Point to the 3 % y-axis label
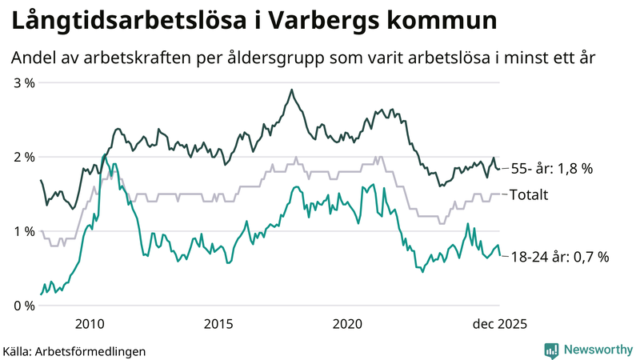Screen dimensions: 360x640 point(23,82)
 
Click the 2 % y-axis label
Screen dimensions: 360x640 point(23,157)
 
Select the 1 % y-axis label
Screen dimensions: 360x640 point(23,231)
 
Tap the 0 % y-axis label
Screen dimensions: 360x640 point(23,306)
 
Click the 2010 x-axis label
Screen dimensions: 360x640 point(90,323)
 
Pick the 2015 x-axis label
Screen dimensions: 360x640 point(218,323)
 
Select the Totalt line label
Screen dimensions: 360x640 point(529,194)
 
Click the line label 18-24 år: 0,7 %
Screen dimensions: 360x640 point(559,257)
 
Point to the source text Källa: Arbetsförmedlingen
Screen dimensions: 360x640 point(74,350)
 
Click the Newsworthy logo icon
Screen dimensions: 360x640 point(552,350)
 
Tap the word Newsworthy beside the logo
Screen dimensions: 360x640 point(597,350)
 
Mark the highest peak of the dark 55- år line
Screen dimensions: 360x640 point(291,90)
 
